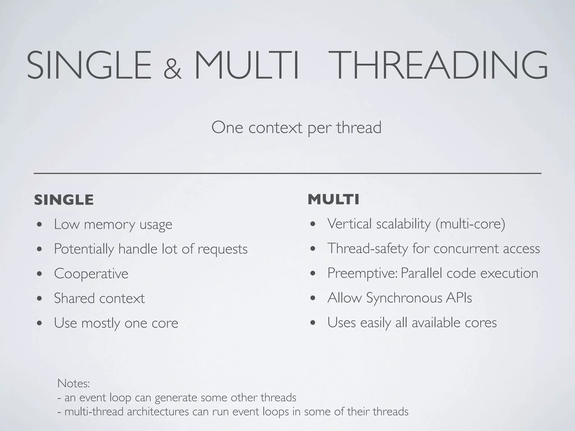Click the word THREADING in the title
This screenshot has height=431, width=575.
(x=441, y=65)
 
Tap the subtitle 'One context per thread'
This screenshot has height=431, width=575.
(x=296, y=128)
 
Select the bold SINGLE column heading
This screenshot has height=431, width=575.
(x=64, y=200)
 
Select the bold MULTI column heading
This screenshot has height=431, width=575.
(x=333, y=200)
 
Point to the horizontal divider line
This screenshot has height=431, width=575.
(x=287, y=174)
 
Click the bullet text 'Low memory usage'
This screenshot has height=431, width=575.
(x=113, y=224)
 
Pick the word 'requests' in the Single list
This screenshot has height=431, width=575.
(x=222, y=249)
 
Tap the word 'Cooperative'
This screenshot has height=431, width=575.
(x=91, y=274)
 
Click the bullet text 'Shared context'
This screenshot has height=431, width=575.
(x=99, y=298)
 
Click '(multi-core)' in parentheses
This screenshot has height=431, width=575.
(x=470, y=224)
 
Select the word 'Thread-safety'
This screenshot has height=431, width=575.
(x=368, y=249)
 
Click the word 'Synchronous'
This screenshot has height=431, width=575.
(x=404, y=298)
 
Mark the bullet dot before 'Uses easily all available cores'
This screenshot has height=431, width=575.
(x=313, y=323)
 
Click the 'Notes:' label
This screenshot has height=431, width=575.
(x=73, y=383)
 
